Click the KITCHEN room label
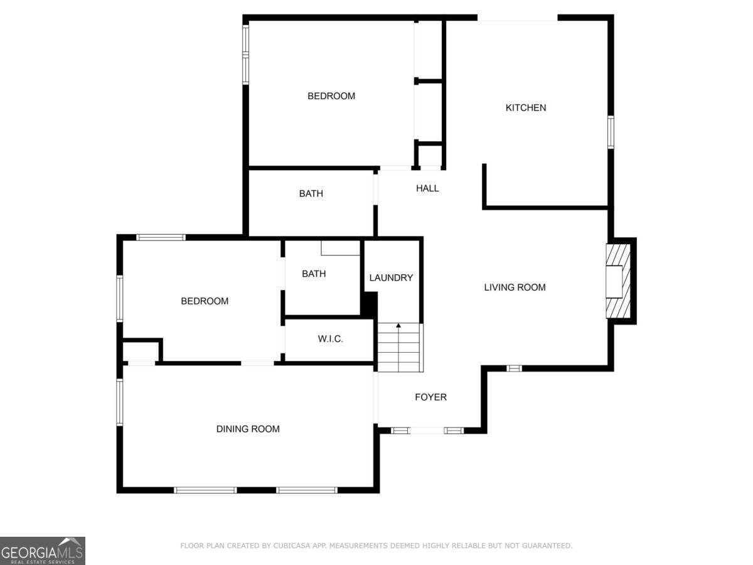[x=526, y=108]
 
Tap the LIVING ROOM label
[x=515, y=287]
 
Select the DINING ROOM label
[x=248, y=429]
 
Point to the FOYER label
[x=430, y=397]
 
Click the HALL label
[x=427, y=188]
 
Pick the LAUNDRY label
[x=391, y=277]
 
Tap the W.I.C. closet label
[x=330, y=339]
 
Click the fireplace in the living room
[x=618, y=281]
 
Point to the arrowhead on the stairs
[x=398, y=325]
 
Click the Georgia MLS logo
[x=43, y=551]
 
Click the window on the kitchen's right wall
[x=611, y=132]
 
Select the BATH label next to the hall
[x=311, y=193]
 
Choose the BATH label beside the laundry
[x=314, y=274]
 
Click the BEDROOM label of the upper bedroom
[x=331, y=96]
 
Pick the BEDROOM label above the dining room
[x=205, y=301]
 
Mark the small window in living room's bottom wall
[x=514, y=369]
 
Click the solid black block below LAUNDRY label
[x=369, y=304]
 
